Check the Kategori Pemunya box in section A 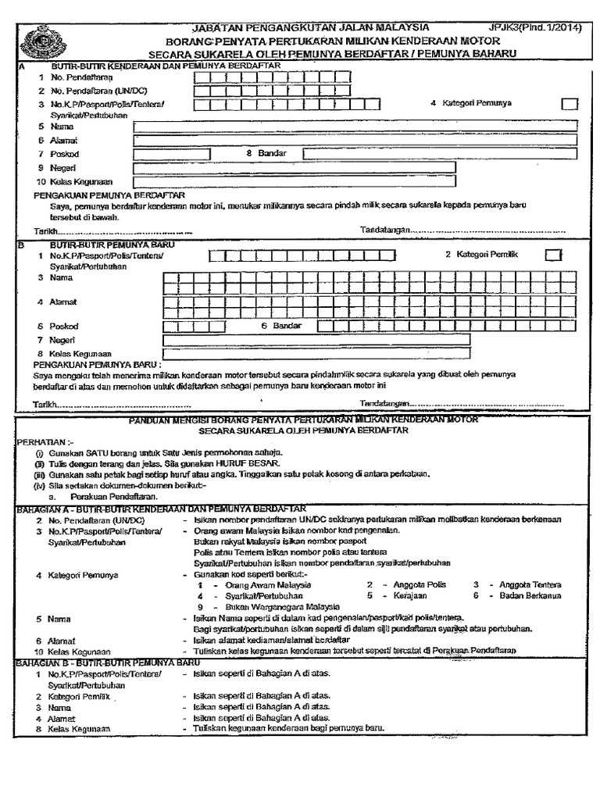[x=570, y=105]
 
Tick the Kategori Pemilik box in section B [x=553, y=254]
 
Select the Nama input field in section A [x=355, y=126]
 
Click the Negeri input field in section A [x=295, y=167]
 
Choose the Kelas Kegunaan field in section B [x=316, y=352]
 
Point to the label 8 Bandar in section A [x=262, y=153]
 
